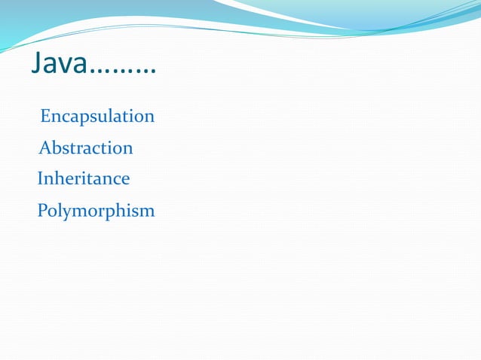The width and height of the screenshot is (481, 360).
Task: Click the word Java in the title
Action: (60, 65)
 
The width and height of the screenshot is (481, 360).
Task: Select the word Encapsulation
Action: (97, 117)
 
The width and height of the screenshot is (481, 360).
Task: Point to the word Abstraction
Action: (86, 148)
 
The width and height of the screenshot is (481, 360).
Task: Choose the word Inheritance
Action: (84, 179)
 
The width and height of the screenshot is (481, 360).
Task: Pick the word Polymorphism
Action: (96, 211)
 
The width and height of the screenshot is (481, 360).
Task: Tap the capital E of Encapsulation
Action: (45, 117)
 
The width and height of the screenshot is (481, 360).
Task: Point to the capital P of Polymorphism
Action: (42, 210)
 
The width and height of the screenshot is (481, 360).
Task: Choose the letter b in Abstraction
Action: (55, 148)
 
